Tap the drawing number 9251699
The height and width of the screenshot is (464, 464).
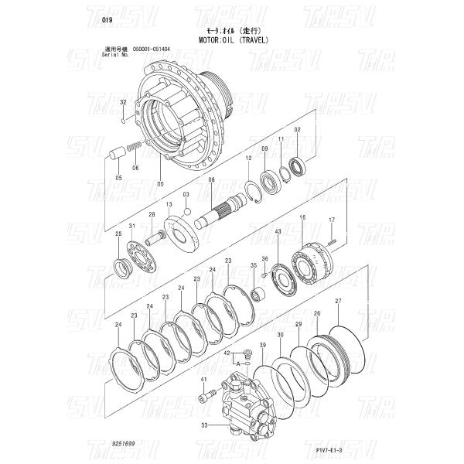(x=125, y=446)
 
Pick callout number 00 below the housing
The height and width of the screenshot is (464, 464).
(x=160, y=184)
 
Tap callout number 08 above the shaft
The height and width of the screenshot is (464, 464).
(x=210, y=179)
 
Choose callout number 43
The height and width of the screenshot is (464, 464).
(x=278, y=231)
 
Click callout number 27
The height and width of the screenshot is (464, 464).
(x=338, y=300)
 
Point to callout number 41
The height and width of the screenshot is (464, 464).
(x=203, y=380)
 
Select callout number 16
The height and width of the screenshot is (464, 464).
(x=302, y=218)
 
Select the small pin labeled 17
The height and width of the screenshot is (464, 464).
(x=332, y=241)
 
